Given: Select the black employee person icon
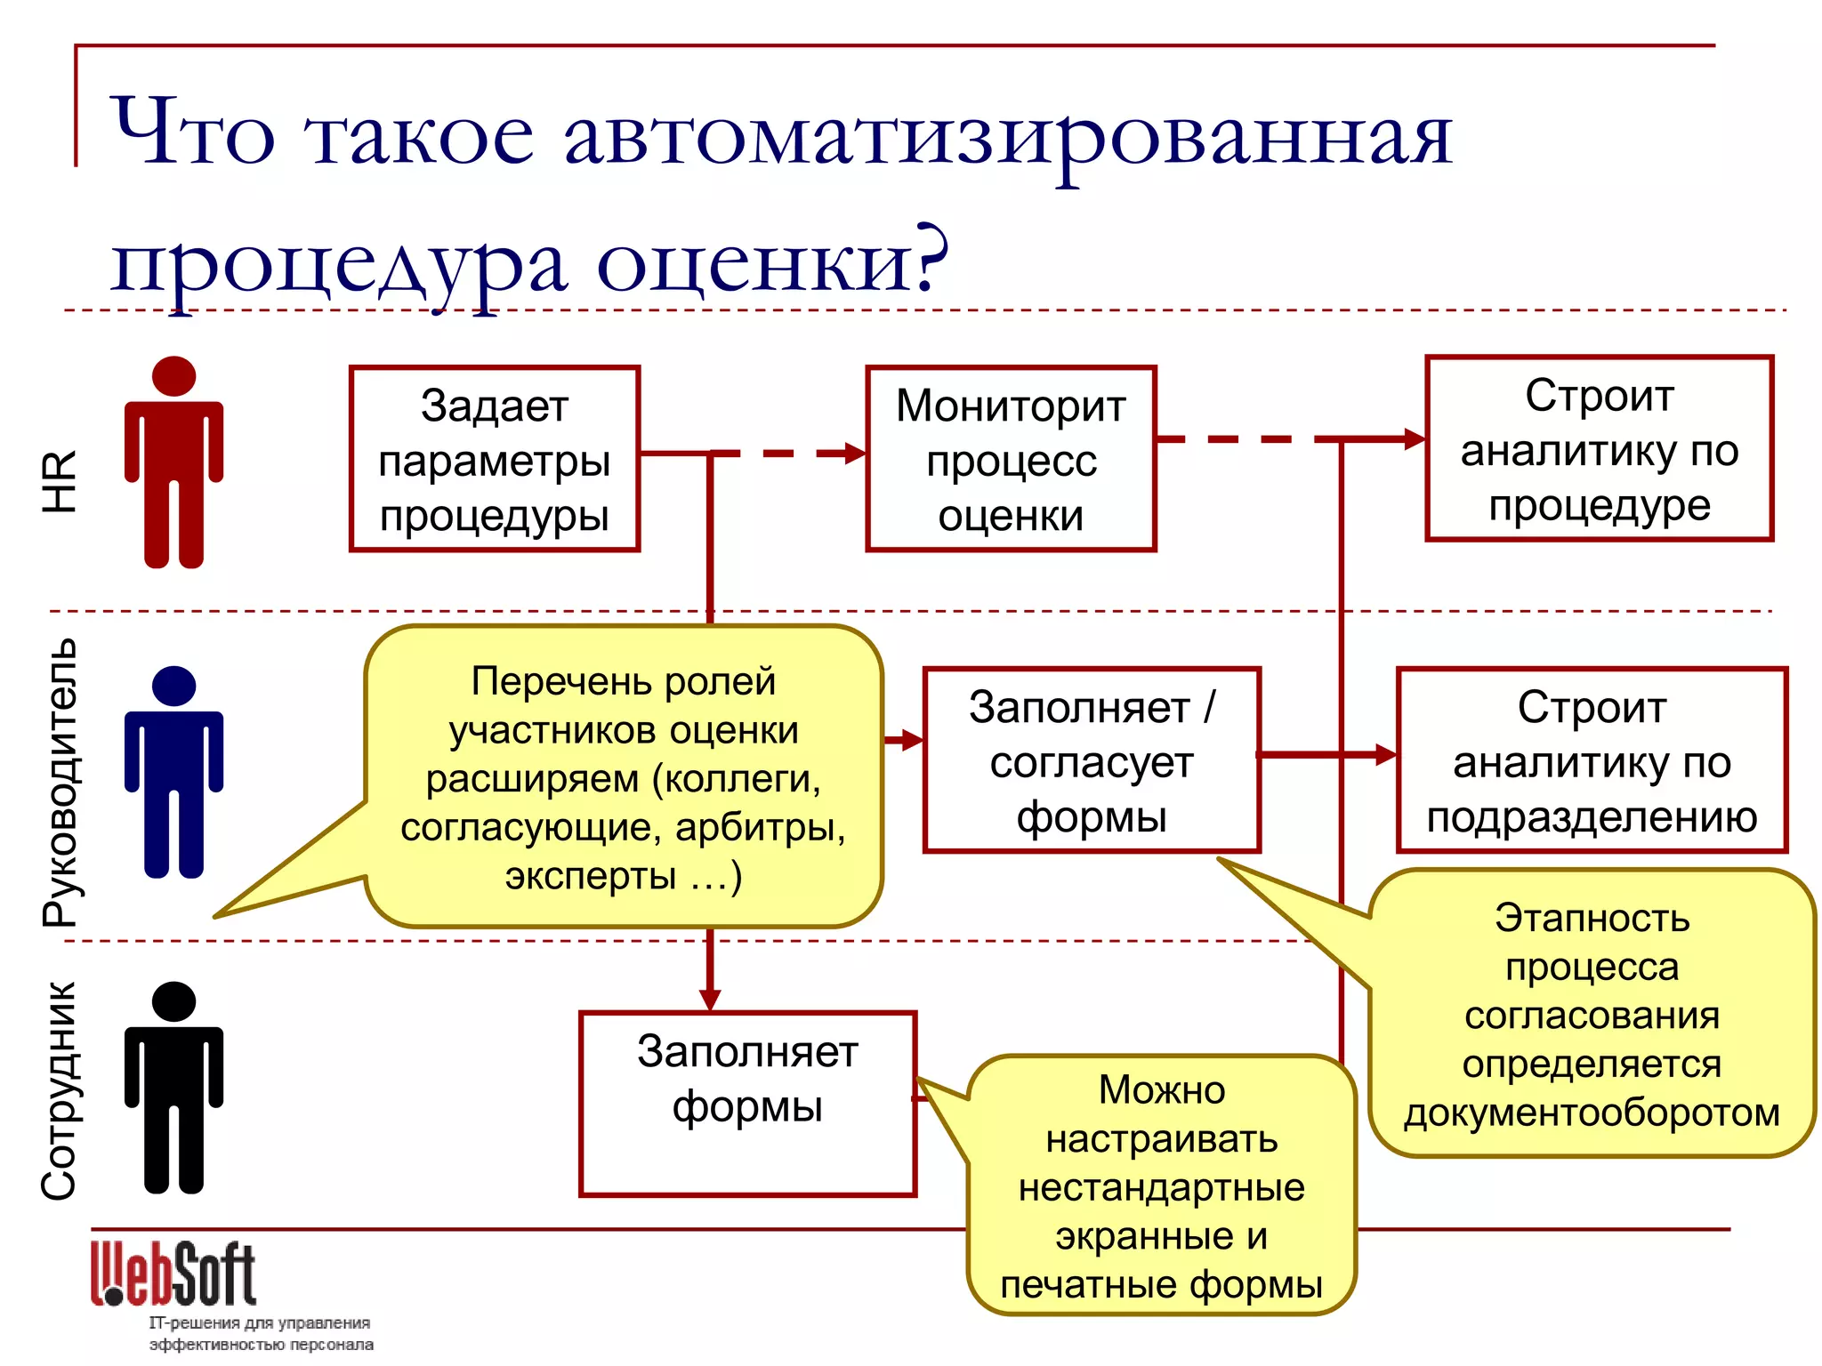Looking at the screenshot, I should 173,1086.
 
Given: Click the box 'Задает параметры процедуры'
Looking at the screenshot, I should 495,459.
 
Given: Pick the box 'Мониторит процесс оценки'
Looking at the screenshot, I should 1011,459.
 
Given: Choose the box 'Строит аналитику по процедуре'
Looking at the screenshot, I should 1599,449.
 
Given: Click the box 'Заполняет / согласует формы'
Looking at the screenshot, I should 1092,760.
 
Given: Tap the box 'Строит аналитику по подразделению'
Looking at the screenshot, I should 1592,760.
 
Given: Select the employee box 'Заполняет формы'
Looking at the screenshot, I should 747,1104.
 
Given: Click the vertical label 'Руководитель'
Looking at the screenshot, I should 60,783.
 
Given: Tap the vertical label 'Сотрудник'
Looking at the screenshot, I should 60,1090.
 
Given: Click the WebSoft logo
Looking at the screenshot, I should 174,1274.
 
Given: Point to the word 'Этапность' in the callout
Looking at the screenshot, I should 1592,918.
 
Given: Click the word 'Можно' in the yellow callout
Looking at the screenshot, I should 1161,1090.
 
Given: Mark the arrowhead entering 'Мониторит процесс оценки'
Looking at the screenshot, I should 854,454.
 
